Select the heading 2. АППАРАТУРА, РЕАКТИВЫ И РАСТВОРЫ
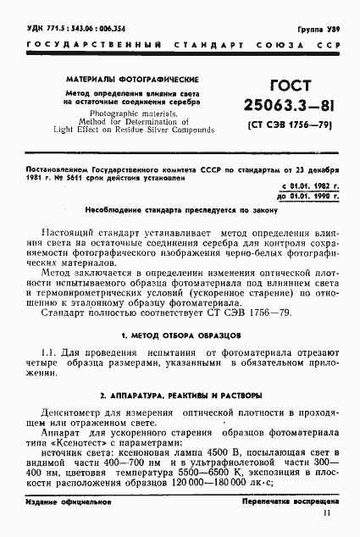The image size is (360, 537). pyautogui.click(x=180, y=396)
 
